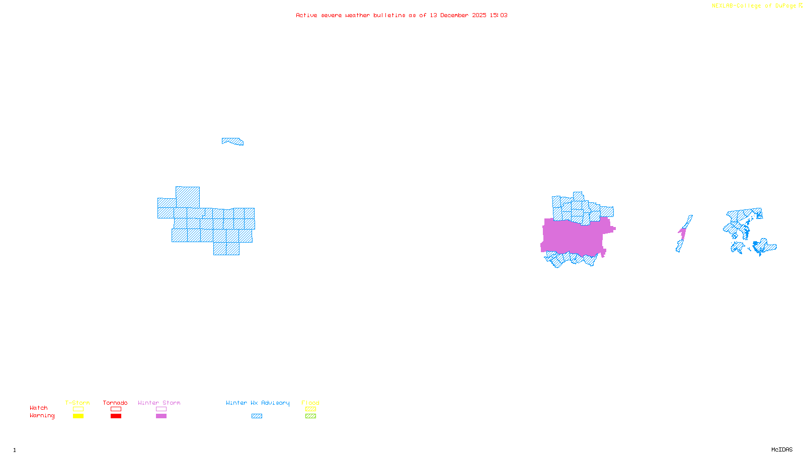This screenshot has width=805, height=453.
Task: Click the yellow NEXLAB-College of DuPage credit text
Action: coord(757,6)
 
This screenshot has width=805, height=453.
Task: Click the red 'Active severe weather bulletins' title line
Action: coord(401,15)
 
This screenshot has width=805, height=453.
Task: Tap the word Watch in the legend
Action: coord(39,408)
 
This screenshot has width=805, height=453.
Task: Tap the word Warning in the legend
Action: coord(42,416)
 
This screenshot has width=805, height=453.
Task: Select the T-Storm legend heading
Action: coord(77,403)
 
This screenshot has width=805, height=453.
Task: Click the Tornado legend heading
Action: coord(115,403)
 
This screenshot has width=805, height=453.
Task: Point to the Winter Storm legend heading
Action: coord(159,403)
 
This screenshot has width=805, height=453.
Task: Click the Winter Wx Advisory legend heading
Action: coord(258,403)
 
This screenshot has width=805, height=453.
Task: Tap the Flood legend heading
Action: coord(310,403)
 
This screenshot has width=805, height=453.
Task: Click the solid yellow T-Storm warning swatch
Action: coord(78,416)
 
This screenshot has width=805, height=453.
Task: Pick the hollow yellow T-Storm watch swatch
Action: coord(78,409)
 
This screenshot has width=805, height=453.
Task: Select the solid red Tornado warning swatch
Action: coord(116,416)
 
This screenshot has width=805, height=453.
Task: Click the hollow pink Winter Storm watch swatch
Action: coord(161,409)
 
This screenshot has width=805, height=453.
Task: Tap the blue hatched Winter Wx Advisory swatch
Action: coord(257,416)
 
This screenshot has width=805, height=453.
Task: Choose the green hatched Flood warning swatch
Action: coord(310,416)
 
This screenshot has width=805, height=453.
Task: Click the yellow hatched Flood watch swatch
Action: coord(310,409)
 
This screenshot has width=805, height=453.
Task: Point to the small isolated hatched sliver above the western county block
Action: coord(233,141)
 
